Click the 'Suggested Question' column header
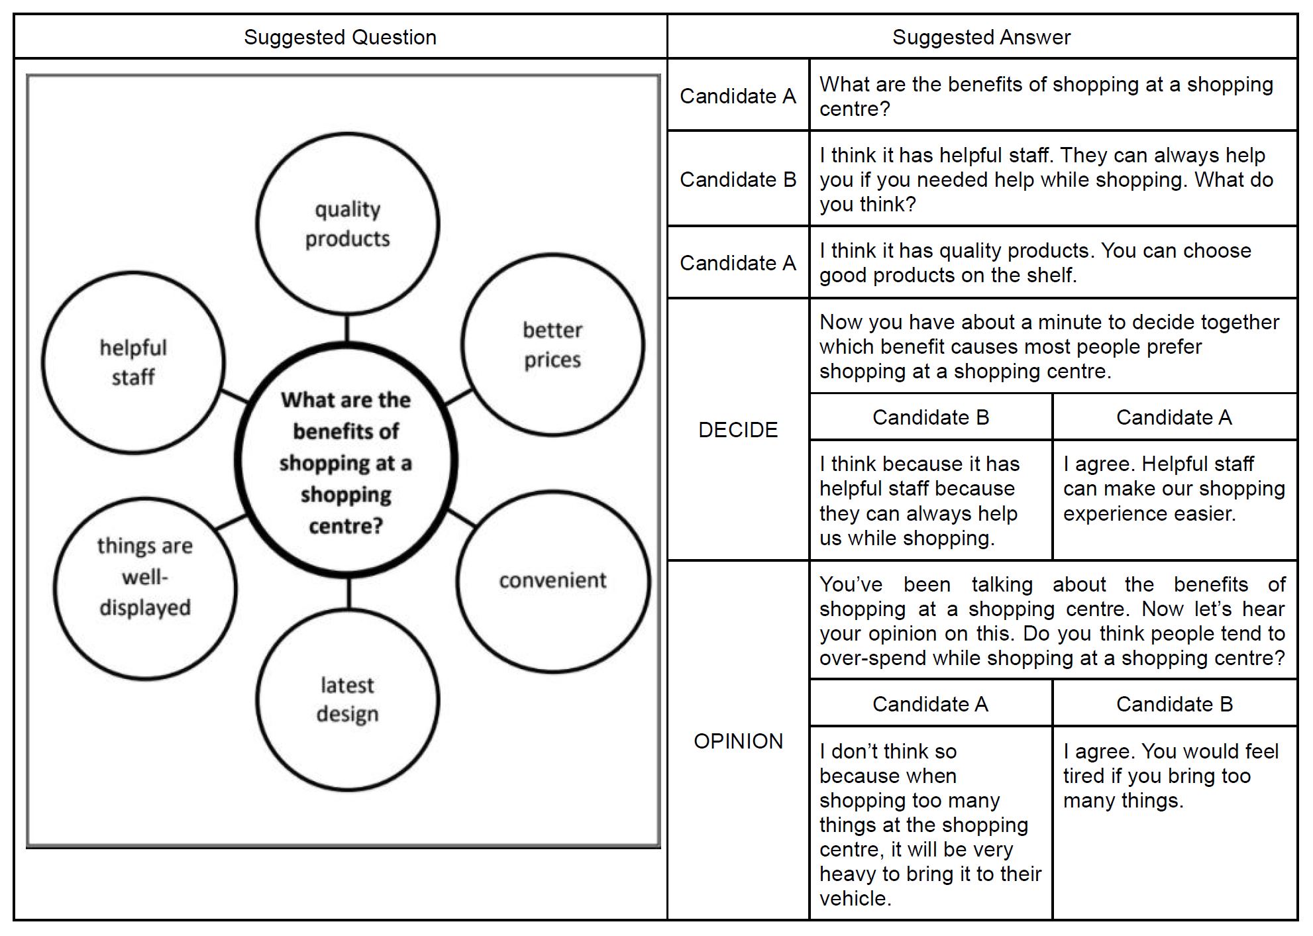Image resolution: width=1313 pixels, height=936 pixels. coord(340,37)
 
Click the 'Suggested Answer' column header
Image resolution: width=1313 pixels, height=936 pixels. coord(981,37)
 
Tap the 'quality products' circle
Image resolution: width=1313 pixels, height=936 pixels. coord(347,224)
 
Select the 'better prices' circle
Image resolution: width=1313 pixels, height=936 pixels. coord(552,344)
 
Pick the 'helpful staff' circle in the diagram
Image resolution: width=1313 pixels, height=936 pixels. coord(133,362)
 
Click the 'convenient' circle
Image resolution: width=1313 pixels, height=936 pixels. coord(552,581)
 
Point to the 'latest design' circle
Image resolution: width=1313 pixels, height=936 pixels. coord(347,700)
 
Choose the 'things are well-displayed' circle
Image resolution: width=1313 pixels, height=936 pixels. coord(144,577)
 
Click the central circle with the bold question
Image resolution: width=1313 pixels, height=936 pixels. coord(346,462)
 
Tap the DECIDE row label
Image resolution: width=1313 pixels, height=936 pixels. coord(738,430)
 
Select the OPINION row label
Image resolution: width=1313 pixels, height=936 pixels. coord(738,741)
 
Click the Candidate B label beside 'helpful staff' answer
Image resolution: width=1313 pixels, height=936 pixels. coord(738,180)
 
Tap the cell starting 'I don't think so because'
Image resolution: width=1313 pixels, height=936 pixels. coord(930,823)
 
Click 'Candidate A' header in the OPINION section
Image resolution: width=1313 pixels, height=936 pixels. coord(930,704)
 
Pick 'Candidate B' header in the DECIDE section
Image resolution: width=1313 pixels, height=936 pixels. coord(930,417)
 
